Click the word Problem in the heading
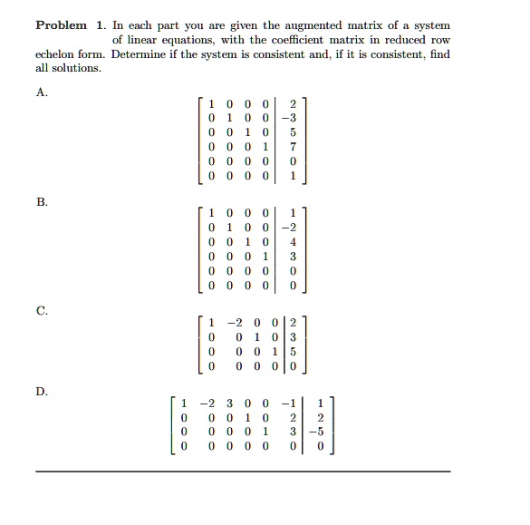(61, 25)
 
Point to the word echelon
(55, 54)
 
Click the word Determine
(147, 54)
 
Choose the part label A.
(41, 92)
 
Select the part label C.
(41, 309)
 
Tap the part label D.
(41, 392)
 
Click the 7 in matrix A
(293, 147)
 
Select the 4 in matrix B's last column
(293, 243)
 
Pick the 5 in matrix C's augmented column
(304, 354)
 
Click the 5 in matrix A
(293, 131)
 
